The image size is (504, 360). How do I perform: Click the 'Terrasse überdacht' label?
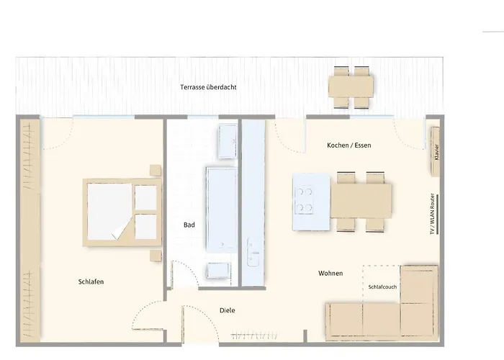pyautogui.click(x=208, y=87)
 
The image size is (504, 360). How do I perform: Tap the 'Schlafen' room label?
pyautogui.click(x=91, y=282)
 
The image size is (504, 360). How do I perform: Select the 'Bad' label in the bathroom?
pyautogui.click(x=189, y=225)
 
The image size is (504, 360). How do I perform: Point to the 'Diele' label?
pyautogui.click(x=228, y=310)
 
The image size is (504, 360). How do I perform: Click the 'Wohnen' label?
pyautogui.click(x=330, y=273)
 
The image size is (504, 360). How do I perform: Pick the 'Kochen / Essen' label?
pyautogui.click(x=349, y=145)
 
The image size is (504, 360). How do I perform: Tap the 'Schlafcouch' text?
pyautogui.click(x=382, y=287)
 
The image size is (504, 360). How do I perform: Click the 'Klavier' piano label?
pyautogui.click(x=436, y=152)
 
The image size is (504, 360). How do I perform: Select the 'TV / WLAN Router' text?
pyautogui.click(x=433, y=214)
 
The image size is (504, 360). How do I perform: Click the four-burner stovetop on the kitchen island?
pyautogui.click(x=304, y=200)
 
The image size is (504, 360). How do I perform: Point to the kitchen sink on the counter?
pyautogui.click(x=253, y=252)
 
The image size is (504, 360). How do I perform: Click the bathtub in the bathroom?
pyautogui.click(x=222, y=210)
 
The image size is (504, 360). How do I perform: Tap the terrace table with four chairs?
pyautogui.click(x=351, y=87)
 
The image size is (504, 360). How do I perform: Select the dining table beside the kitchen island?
pyautogui.click(x=361, y=201)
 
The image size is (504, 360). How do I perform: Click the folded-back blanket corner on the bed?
pyautogui.click(x=120, y=229)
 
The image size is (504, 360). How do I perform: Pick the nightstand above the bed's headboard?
pyautogui.click(x=156, y=171)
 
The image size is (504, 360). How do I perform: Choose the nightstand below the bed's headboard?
pyautogui.click(x=156, y=256)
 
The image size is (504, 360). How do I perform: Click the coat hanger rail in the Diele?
pyautogui.click(x=254, y=336)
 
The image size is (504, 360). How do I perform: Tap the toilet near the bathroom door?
pyautogui.click(x=219, y=271)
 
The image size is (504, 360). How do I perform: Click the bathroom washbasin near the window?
pyautogui.click(x=228, y=141)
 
